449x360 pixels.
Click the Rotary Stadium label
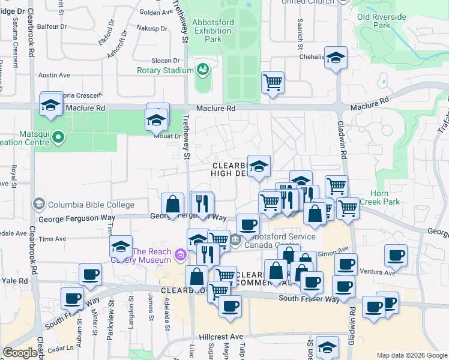(165, 70)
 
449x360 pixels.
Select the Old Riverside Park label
(382, 21)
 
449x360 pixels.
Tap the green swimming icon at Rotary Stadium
(203, 70)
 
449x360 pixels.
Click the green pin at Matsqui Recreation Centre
(58, 137)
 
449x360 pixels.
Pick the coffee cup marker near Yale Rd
(90, 275)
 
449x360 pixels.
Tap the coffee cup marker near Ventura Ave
(396, 256)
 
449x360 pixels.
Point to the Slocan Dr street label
(168, 61)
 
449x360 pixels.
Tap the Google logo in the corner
(20, 353)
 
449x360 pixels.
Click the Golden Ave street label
(155, 12)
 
